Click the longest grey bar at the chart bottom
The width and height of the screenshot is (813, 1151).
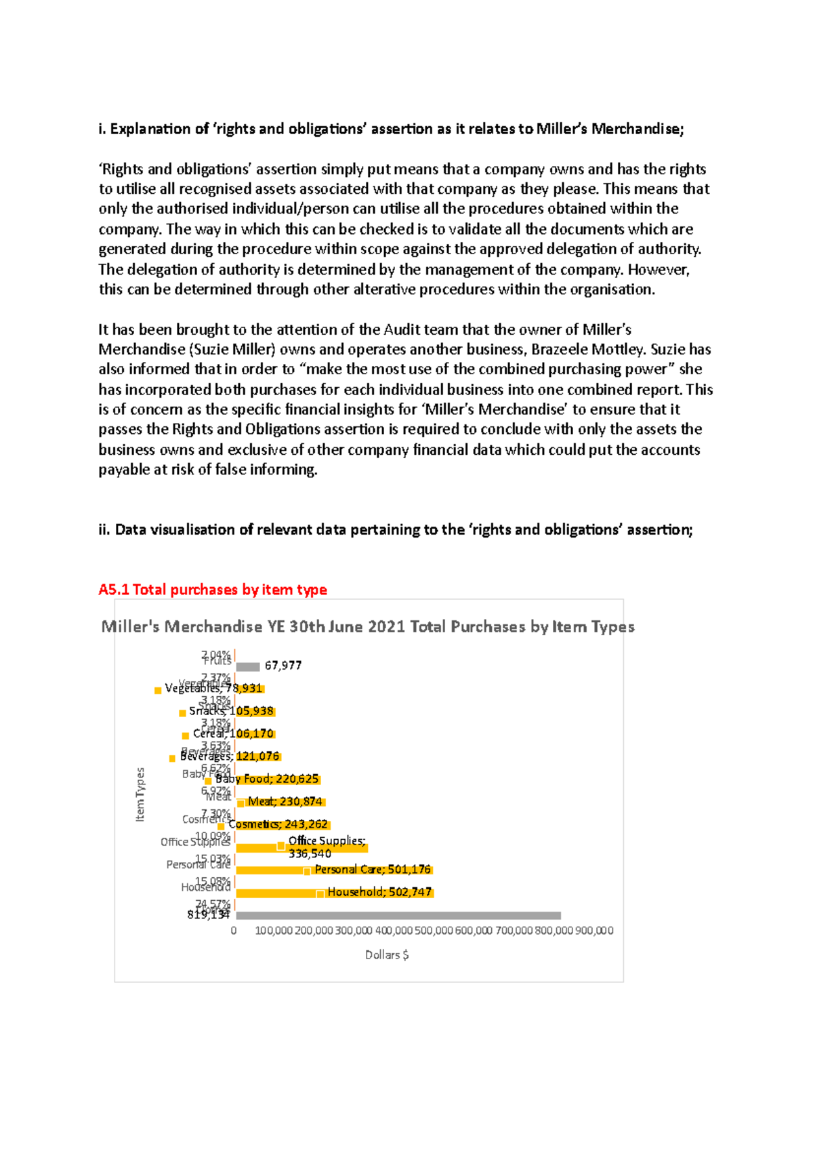(x=398, y=916)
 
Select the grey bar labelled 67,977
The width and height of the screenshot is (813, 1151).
(x=248, y=667)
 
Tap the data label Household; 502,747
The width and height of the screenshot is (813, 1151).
(x=379, y=892)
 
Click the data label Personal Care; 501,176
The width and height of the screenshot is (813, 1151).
(x=373, y=870)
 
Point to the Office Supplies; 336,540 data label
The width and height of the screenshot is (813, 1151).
(x=326, y=847)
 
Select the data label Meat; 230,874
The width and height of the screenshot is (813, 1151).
(x=285, y=802)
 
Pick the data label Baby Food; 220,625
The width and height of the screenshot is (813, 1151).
(x=267, y=779)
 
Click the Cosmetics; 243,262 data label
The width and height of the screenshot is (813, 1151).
(x=278, y=824)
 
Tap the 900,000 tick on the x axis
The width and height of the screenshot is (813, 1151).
(x=594, y=931)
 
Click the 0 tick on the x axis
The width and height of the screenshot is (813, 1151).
(x=234, y=931)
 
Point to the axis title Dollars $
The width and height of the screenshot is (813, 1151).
(x=387, y=954)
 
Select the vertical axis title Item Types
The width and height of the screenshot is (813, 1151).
(x=140, y=794)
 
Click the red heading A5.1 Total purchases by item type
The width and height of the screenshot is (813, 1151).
(x=213, y=590)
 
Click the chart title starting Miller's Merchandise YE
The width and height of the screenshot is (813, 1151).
(x=368, y=626)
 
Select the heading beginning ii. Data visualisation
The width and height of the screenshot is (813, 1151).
(x=395, y=529)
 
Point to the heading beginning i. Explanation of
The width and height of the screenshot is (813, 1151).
(x=391, y=129)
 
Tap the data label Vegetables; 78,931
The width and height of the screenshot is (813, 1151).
(x=213, y=688)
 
